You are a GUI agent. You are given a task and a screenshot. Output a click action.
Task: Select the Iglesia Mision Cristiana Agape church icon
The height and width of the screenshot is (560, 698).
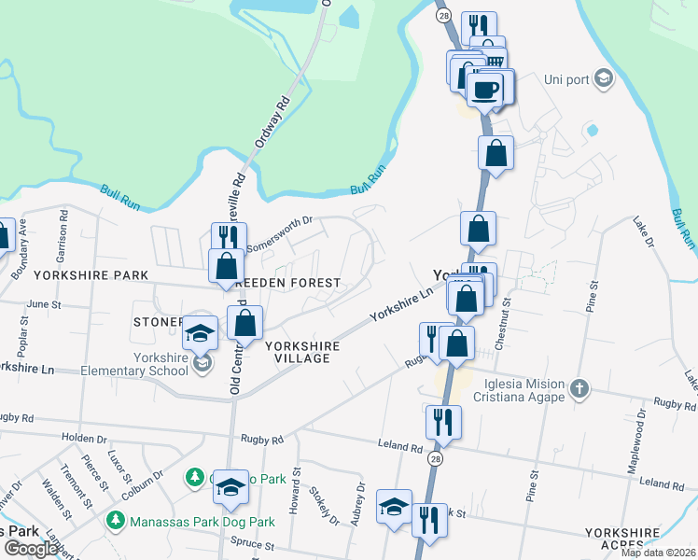click(579, 387)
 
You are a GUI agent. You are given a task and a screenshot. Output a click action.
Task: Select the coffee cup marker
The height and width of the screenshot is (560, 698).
click(485, 90)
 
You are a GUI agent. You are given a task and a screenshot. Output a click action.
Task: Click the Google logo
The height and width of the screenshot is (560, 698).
click(30, 549)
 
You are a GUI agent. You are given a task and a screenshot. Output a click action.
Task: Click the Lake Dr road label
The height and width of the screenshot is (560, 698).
click(644, 232)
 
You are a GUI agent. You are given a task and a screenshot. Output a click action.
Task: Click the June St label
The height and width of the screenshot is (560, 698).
click(43, 304)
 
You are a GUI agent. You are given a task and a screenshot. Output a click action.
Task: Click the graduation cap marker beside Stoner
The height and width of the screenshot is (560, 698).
click(200, 332)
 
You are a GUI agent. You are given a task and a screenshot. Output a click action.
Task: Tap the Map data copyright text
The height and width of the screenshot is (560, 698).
click(659, 553)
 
